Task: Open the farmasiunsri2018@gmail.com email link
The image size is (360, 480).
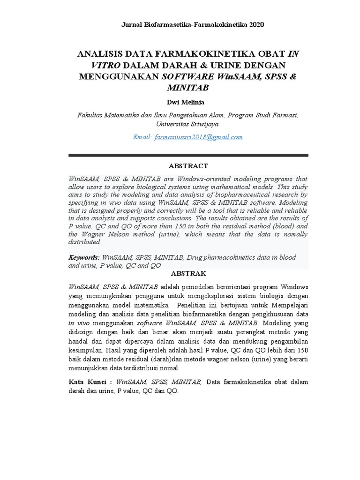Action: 198,137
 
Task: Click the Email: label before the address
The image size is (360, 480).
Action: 142,137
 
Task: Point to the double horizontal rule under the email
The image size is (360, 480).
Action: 188,156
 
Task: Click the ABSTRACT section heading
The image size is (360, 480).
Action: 188,166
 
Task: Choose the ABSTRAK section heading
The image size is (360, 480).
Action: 188,273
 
